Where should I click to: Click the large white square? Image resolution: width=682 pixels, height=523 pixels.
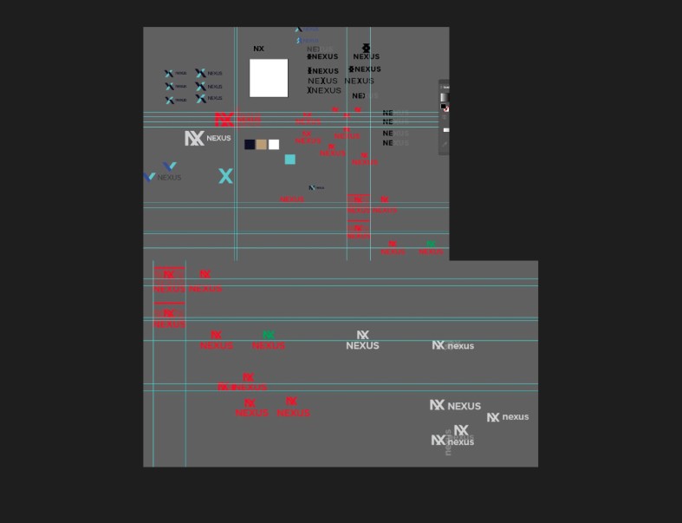pos(269,78)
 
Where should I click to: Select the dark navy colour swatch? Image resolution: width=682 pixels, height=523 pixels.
pos(250,144)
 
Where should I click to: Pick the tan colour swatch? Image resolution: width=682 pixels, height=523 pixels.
pos(262,144)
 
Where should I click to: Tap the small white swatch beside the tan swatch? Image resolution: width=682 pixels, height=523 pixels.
pos(274,144)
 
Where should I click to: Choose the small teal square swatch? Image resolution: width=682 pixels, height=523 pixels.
pos(290,159)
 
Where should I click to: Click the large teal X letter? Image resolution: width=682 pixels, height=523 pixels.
pos(226,176)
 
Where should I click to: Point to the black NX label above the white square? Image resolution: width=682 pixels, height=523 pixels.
pos(258,49)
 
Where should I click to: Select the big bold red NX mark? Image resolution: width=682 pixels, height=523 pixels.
pos(224,120)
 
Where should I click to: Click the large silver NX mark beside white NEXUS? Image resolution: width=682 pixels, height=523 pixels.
pos(194,138)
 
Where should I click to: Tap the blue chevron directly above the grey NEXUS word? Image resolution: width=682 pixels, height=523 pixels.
pos(170,166)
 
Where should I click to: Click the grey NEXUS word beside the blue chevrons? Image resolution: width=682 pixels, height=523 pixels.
pos(169,177)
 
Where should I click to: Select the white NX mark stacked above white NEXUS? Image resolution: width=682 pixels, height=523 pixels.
pos(362,335)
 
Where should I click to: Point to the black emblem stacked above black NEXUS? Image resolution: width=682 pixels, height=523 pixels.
pos(366,48)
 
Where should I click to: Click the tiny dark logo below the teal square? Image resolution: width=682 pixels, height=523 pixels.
pos(316,187)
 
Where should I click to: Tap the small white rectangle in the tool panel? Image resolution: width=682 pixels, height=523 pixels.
pos(445,130)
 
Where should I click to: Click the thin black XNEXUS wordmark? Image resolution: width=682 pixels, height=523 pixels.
pos(324,90)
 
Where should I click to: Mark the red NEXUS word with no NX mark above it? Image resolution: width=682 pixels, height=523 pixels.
pos(292,199)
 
